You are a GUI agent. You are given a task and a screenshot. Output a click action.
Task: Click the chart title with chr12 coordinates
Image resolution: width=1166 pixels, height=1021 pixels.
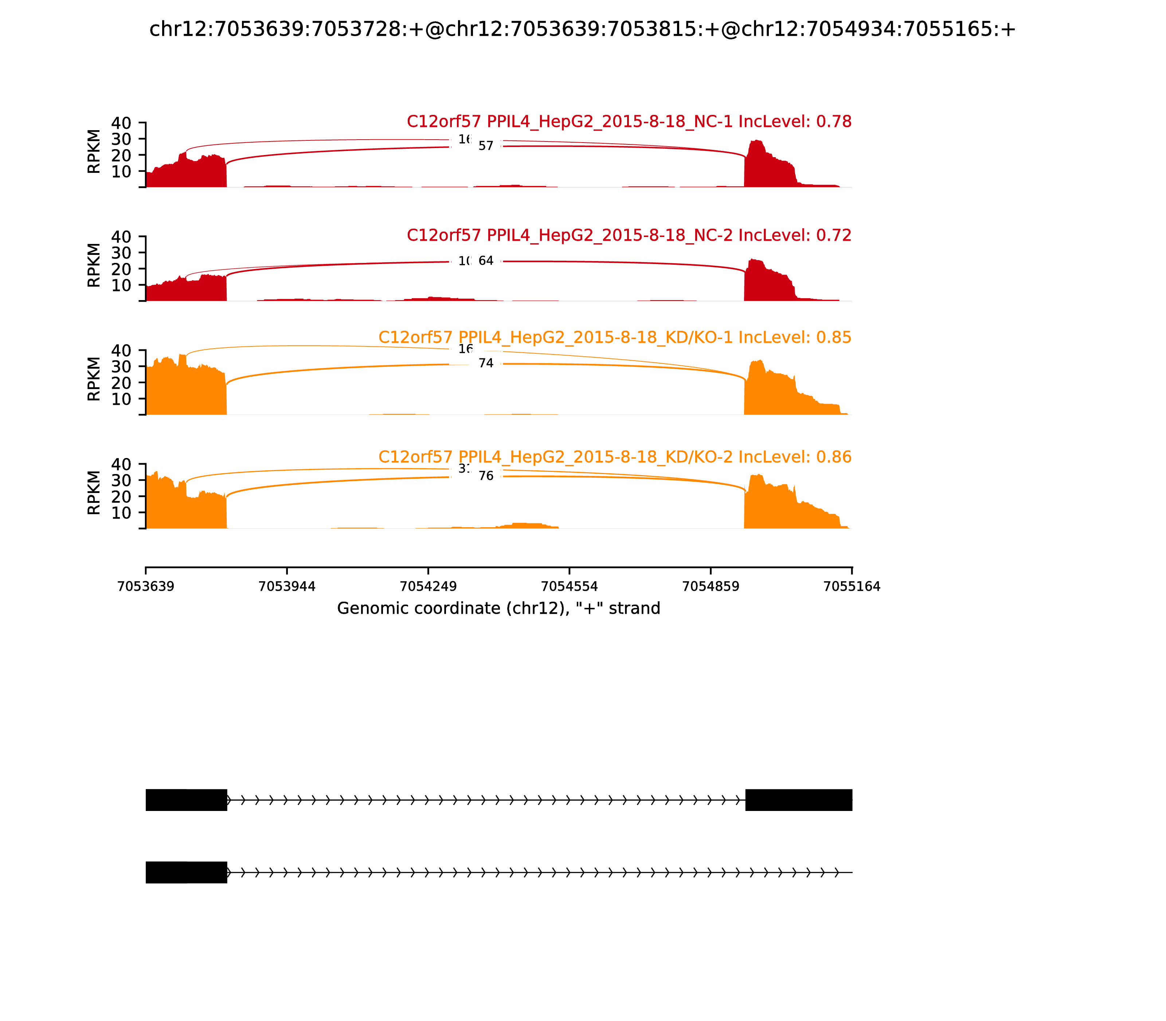[x=582, y=30]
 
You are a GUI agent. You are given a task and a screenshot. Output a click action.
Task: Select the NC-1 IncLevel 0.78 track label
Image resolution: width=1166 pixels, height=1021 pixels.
[x=629, y=121]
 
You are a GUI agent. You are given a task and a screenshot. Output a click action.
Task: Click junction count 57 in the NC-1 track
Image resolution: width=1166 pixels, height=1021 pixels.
[x=486, y=147]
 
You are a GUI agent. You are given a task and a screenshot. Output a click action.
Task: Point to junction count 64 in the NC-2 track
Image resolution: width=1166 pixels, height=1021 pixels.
[x=486, y=261]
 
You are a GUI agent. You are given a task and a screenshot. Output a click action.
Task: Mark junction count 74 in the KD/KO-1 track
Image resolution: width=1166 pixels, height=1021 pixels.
[x=486, y=364]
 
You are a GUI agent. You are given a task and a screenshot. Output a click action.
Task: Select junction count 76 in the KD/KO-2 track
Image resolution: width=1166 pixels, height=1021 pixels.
[x=486, y=476]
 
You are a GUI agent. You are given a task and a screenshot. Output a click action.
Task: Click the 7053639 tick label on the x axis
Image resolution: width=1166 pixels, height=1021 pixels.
[x=146, y=587]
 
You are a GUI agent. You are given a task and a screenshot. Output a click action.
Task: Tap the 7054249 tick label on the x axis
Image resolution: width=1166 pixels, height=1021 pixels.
[x=428, y=587]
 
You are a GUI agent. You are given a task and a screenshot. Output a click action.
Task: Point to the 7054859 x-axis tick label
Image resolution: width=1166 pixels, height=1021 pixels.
[x=711, y=587]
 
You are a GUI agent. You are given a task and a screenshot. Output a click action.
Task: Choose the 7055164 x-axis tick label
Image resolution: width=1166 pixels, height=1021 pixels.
[x=852, y=587]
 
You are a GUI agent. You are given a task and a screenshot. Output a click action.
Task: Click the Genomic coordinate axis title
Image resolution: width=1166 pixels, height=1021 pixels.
[x=499, y=609]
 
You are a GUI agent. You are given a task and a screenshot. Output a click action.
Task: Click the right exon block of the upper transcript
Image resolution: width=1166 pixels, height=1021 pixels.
[x=798, y=800]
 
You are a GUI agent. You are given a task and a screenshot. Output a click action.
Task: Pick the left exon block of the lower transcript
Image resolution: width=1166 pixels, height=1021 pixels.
[x=186, y=872]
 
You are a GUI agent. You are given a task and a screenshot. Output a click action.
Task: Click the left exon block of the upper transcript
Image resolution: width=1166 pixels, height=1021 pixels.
[x=186, y=800]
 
